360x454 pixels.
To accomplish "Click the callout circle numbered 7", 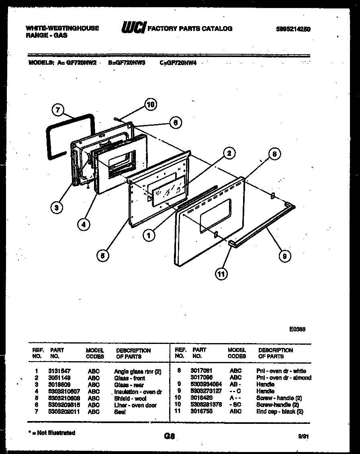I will click(58, 109).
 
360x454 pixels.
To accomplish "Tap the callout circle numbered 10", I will click(150, 105).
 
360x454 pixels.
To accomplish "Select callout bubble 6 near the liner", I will click(175, 123).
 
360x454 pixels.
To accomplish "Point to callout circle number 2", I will click(229, 153).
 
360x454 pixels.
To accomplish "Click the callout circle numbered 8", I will click(274, 154).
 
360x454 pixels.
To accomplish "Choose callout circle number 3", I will click(57, 207).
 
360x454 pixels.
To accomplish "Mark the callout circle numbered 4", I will click(83, 225).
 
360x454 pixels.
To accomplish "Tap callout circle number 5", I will click(103, 255).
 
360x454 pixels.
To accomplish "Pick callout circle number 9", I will click(284, 256).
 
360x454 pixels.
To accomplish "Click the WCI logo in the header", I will click(133, 28).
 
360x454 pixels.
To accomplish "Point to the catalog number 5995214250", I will click(293, 29).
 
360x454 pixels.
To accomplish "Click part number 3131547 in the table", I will click(59, 371).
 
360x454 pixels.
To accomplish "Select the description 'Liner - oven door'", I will click(135, 405).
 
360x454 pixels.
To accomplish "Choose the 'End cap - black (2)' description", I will click(280, 411).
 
